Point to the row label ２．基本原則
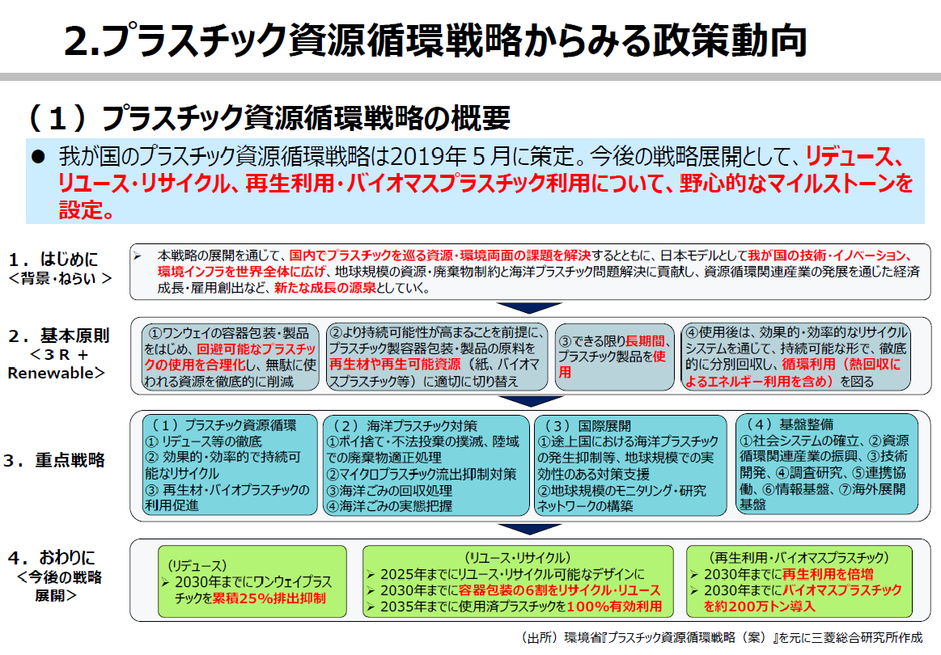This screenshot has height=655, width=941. click(58, 335)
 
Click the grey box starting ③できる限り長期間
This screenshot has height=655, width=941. click(612, 357)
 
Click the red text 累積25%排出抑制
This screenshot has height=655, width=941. click(269, 598)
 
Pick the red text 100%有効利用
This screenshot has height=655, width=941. click(614, 606)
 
